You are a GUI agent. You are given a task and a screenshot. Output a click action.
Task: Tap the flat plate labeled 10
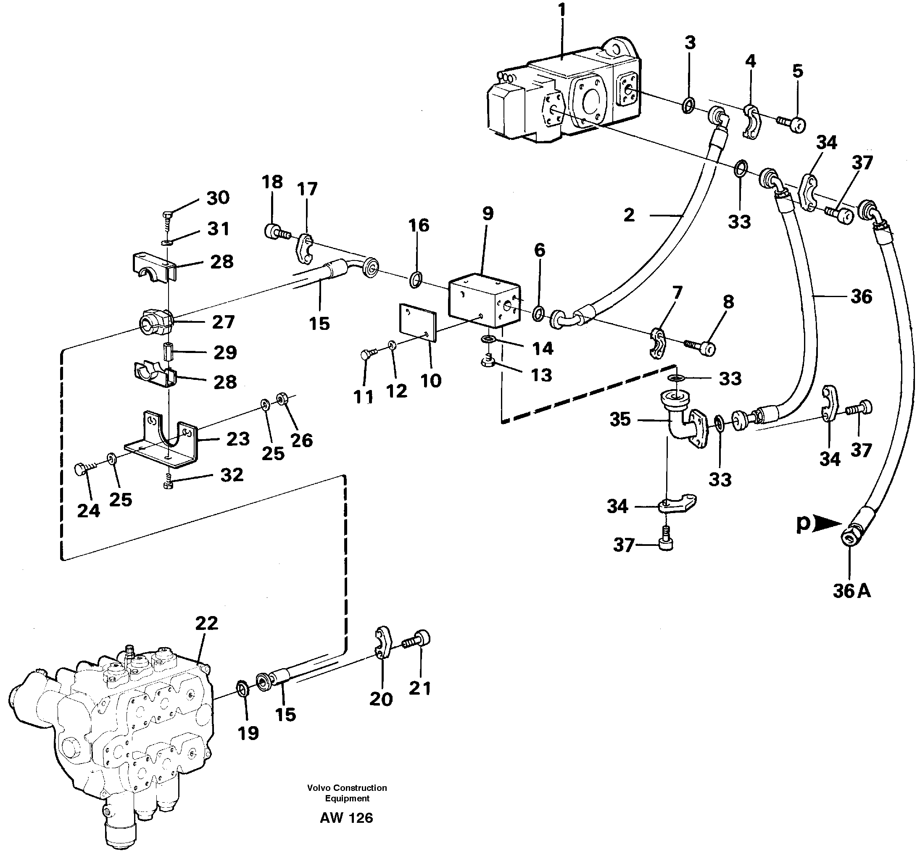(x=417, y=322)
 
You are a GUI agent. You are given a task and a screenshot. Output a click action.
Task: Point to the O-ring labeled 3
(x=688, y=105)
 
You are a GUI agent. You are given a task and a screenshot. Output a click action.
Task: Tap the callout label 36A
(x=851, y=591)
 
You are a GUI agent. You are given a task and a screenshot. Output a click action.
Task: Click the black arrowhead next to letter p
(x=827, y=524)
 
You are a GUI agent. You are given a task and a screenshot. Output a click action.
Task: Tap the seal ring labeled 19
(x=243, y=688)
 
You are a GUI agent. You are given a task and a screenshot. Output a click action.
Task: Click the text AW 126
(x=346, y=818)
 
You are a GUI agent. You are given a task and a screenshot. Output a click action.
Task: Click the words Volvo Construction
(x=347, y=788)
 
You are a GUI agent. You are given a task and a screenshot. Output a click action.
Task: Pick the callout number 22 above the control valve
(x=206, y=623)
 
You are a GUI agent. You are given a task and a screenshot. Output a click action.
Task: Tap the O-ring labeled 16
(x=416, y=279)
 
